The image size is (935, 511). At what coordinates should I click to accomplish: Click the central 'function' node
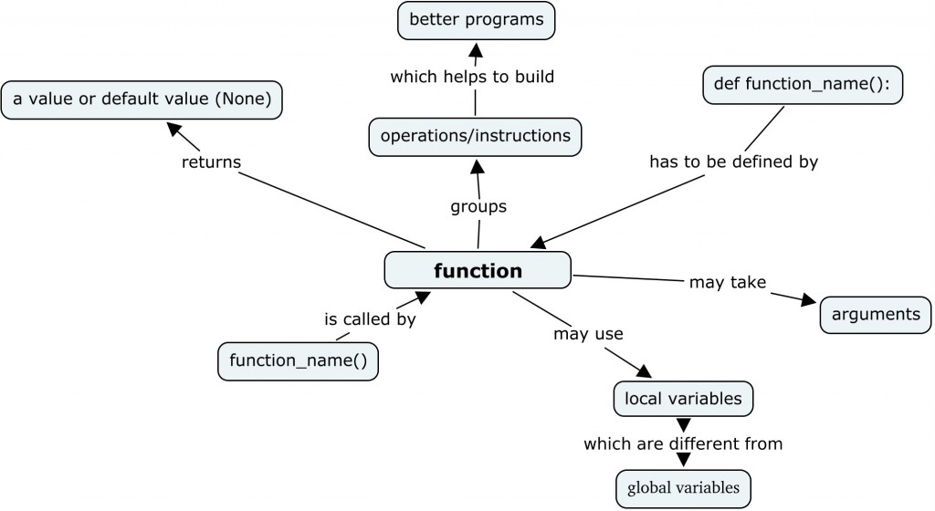478,270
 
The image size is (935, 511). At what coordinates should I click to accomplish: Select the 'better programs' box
476,20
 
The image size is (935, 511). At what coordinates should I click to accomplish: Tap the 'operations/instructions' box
475,136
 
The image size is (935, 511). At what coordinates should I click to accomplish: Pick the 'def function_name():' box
803,85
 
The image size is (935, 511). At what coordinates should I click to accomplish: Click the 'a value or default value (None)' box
142,99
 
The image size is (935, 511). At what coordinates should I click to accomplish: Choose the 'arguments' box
876,315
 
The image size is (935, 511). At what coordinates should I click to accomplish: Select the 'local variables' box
683,399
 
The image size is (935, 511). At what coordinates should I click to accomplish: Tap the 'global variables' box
683,488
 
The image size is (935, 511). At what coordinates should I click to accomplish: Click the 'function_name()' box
299,361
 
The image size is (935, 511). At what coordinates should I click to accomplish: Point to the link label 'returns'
211,162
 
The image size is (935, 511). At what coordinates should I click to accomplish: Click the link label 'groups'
478,206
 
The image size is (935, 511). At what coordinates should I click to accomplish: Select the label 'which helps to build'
472,77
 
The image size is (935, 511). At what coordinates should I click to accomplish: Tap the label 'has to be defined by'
733,162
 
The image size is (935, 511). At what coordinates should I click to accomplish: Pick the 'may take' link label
728,282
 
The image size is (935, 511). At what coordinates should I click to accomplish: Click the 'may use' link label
588,334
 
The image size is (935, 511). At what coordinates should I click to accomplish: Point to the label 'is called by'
370,319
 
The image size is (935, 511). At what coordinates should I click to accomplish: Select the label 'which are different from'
683,443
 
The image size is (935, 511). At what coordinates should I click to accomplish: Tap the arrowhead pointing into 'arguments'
809,299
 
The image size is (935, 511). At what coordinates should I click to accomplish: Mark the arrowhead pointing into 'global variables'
684,460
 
